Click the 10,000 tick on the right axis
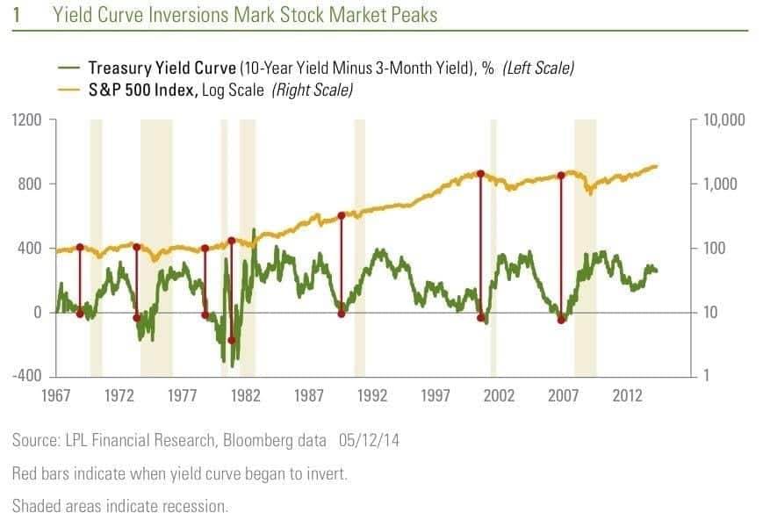[x=725, y=119]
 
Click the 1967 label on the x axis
[x=56, y=396]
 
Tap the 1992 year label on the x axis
[x=373, y=396]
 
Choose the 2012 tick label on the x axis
[x=626, y=396]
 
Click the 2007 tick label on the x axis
[x=563, y=396]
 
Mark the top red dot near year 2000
[x=479, y=174]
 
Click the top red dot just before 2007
[x=560, y=176]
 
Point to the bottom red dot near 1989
[x=342, y=314]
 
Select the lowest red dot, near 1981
[x=232, y=340]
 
